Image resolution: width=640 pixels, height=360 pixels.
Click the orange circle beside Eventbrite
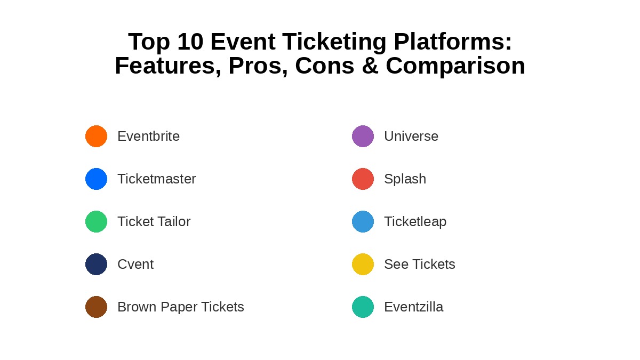(x=97, y=137)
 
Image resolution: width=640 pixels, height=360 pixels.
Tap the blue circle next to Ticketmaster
(x=97, y=179)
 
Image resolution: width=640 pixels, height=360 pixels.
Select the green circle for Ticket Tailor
(x=97, y=222)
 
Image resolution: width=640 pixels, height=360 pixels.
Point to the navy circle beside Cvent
(x=97, y=265)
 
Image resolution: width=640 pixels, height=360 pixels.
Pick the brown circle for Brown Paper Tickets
(x=97, y=307)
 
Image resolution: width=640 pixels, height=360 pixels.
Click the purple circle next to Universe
(x=363, y=137)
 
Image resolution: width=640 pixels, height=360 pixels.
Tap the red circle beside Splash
(x=363, y=179)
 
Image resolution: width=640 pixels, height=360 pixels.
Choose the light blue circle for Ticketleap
(x=363, y=222)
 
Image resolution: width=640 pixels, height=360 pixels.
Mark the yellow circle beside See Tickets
(x=363, y=265)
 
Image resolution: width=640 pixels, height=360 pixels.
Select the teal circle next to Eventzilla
(x=363, y=307)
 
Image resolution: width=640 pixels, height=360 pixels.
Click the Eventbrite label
(x=149, y=137)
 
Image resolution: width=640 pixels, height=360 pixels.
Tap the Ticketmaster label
(x=157, y=179)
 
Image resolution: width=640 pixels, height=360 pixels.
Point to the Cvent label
(x=135, y=265)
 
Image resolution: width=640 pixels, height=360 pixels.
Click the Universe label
(x=411, y=137)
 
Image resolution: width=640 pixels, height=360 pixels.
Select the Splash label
(x=405, y=179)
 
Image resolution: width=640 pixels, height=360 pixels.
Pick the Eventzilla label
(x=414, y=307)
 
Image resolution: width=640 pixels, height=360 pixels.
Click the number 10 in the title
(x=190, y=42)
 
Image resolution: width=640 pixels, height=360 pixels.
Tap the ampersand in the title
(x=370, y=66)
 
